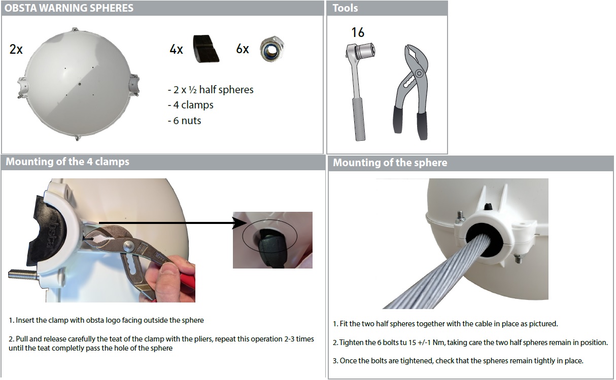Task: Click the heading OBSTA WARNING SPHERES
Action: pos(69,8)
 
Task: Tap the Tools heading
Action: pos(345,8)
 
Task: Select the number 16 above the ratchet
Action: pos(358,32)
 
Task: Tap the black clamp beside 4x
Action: pos(206,49)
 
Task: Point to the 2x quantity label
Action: pos(16,50)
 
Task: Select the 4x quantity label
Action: pos(176,50)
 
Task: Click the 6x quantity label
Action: pos(243,49)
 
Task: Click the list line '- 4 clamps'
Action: pos(191,105)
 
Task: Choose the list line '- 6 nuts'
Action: pos(185,121)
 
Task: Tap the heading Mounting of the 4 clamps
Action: pos(67,162)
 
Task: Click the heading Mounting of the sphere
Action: pos(390,163)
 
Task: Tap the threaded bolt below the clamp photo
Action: pos(23,275)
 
